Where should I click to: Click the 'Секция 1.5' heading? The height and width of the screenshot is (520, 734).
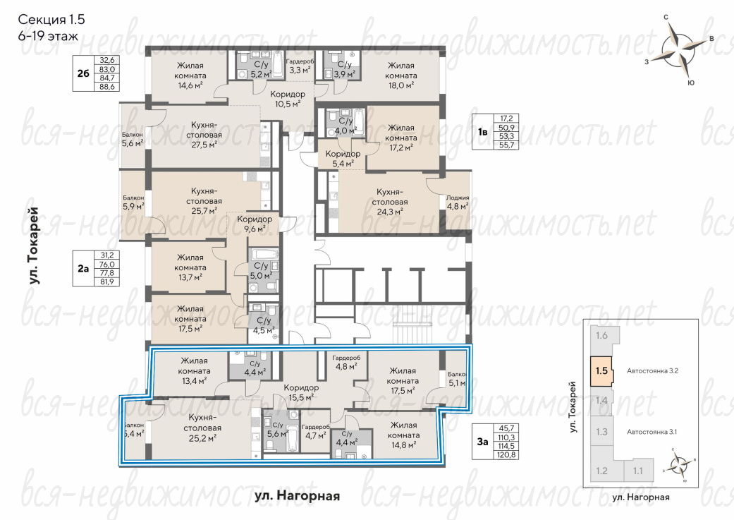click(x=51, y=20)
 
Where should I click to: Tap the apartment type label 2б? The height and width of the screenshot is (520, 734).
click(x=83, y=73)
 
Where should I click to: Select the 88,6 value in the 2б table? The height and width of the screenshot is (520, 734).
click(x=107, y=87)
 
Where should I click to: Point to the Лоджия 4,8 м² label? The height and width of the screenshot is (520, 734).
click(x=458, y=202)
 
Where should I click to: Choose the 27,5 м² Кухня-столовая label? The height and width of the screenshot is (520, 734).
click(x=204, y=135)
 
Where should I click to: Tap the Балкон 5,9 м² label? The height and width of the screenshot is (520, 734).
click(x=133, y=202)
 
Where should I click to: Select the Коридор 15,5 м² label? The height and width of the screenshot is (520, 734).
click(x=301, y=392)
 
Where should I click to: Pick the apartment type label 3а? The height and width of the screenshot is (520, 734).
click(x=482, y=441)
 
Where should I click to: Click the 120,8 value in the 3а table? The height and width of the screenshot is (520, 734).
click(x=506, y=454)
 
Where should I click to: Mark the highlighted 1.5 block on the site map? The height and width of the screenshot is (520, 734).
click(x=601, y=371)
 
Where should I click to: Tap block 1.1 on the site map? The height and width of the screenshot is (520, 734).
click(x=638, y=471)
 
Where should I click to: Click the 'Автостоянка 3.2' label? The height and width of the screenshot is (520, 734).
click(x=652, y=370)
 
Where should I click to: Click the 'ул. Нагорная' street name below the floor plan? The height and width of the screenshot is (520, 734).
click(x=298, y=495)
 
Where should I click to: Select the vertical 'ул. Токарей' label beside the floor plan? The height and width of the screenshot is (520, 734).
click(x=34, y=246)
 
